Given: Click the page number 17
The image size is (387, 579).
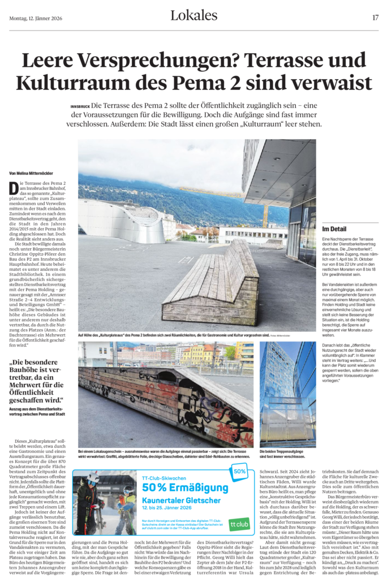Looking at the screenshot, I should pos(376,18).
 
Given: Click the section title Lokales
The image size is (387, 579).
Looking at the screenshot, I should pos(193,16).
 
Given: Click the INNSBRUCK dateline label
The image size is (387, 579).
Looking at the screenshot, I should pos(80,106).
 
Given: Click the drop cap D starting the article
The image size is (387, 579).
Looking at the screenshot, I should pos(13,189).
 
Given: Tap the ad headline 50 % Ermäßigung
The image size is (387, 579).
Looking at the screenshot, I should pos(185,487).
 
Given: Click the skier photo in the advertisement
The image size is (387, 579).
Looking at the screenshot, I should pos(105,503).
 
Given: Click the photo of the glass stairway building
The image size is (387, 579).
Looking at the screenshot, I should pos(287,394).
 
